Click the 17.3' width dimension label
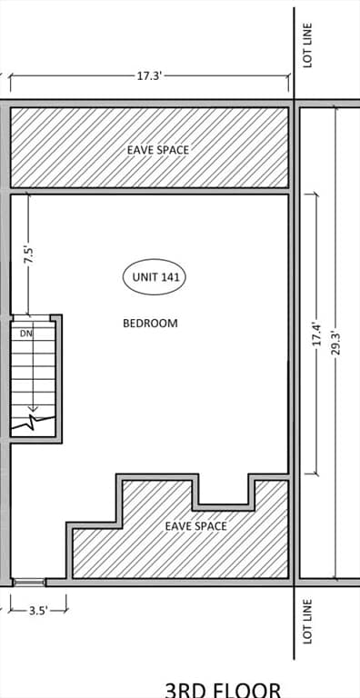149,76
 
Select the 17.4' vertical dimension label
316,334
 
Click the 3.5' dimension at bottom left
38,611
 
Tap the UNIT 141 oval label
155,277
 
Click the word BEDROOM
150,323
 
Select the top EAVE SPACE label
158,149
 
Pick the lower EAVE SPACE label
195,525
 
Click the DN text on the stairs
26,334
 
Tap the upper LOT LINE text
308,45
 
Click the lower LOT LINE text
308,621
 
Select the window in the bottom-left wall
28,582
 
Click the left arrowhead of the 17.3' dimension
12,77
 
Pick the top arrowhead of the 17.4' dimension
316,195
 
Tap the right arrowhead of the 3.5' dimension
65,611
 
